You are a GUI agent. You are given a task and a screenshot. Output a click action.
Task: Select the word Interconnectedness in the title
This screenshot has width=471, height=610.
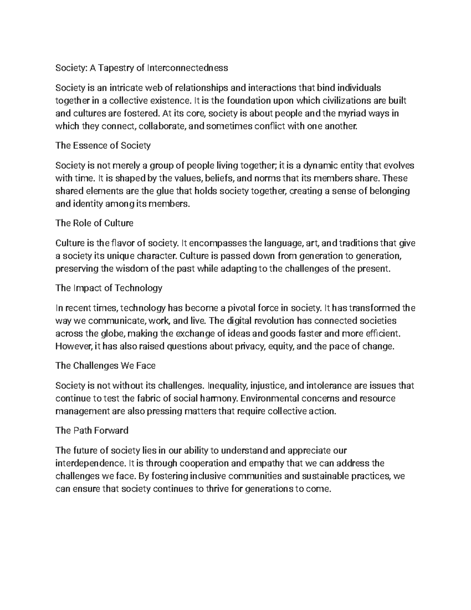(187, 68)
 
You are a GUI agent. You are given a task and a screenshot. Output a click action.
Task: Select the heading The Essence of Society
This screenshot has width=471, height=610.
(103, 145)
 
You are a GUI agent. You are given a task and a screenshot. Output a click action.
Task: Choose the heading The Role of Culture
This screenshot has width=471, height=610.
(94, 223)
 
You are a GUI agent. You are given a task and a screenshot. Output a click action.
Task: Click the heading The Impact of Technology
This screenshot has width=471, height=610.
(109, 288)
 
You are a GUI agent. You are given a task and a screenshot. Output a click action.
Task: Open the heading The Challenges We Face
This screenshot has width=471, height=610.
(105, 366)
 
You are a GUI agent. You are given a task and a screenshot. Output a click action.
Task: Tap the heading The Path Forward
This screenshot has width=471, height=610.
(92, 430)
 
